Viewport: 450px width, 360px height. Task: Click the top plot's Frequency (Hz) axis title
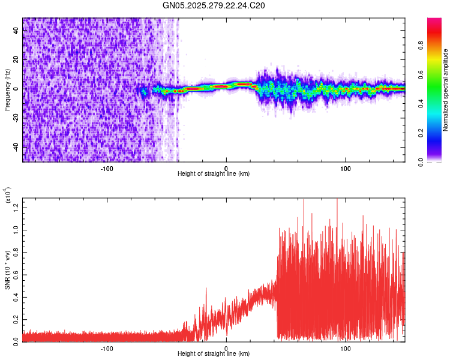(7, 90)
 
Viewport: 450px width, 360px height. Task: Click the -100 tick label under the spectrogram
(107, 168)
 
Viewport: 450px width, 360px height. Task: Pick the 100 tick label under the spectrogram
(345, 168)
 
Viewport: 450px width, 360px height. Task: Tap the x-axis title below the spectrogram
(214, 174)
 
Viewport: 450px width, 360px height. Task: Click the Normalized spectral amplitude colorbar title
(446, 90)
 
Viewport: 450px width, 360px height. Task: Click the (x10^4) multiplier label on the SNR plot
(8, 196)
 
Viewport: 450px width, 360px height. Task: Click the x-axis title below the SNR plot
(214, 354)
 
